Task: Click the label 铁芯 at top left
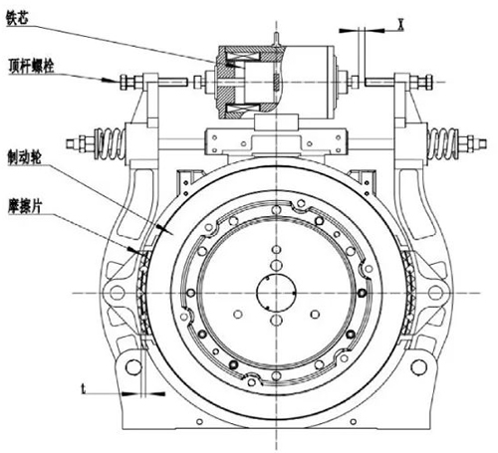point(17,18)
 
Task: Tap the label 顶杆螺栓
point(31,66)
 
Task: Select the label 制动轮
point(24,156)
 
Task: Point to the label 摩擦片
point(25,207)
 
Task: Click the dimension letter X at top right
point(401,25)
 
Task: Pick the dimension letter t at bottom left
point(84,388)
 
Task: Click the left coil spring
point(110,143)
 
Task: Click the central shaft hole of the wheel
point(276,293)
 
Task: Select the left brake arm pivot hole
point(117,293)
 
